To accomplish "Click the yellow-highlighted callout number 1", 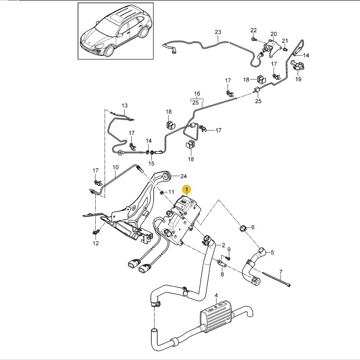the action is coord(187,190).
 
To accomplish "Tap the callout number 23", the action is coord(218,32).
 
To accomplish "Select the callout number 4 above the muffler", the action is coord(216,295).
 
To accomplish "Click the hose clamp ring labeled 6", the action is coord(243,228).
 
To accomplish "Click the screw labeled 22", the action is coord(253,39).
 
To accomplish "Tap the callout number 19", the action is coord(298,79).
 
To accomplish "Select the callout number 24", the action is coord(184,176).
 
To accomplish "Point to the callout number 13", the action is coord(125,106).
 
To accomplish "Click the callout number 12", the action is coord(96,243).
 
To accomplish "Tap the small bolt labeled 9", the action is coord(228,259).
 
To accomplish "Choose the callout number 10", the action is coord(115,167).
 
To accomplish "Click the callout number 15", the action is coord(151,163).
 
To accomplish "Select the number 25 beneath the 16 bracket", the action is coord(195,102).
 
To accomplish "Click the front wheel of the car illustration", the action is coord(109,51).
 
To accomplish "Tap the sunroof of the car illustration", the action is coord(118,17).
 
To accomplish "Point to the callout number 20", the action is coord(274,34).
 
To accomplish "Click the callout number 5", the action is coord(272,253).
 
